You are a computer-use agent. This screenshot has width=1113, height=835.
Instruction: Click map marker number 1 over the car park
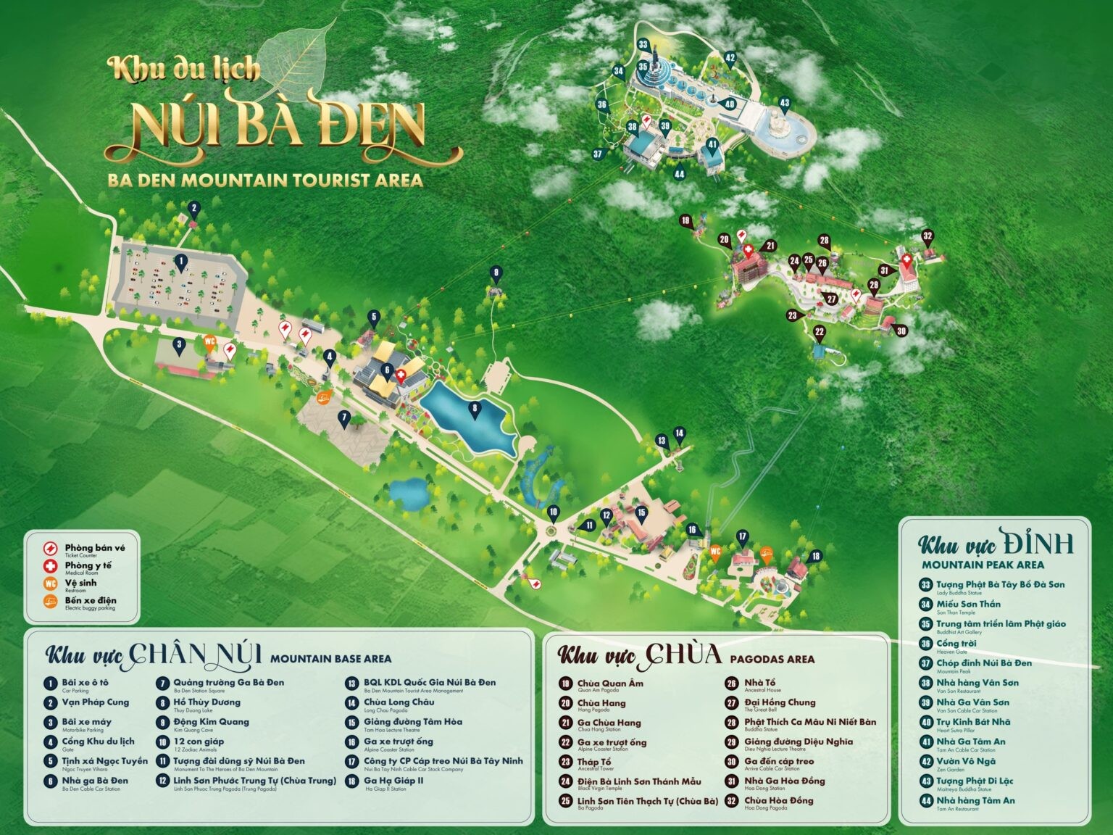coord(181,262)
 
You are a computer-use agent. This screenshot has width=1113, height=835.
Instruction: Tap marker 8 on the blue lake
coord(475,409)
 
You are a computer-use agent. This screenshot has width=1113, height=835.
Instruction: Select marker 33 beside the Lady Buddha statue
coord(643,44)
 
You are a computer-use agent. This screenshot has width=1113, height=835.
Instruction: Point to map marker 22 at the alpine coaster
coord(820,333)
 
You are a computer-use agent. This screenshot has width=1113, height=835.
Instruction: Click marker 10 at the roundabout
coord(554,512)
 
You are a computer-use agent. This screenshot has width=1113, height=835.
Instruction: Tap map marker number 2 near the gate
coord(193,209)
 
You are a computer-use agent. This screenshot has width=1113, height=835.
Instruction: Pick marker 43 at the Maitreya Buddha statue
coord(784,103)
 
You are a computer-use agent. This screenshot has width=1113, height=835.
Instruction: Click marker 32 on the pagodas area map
coord(927,236)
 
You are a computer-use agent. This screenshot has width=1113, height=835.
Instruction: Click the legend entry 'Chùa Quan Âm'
coord(609,683)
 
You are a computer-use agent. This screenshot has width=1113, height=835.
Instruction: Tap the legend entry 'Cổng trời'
coord(956,643)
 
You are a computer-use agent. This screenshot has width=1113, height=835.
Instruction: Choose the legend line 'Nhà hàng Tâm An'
coord(975,800)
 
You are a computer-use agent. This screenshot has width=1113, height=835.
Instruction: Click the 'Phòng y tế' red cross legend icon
coord(51,566)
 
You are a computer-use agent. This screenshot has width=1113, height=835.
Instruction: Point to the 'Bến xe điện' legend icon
coord(51,601)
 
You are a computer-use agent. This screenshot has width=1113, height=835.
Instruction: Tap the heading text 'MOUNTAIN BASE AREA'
coord(330,659)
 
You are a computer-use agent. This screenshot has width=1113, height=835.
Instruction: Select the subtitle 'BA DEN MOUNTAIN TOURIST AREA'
coord(265,180)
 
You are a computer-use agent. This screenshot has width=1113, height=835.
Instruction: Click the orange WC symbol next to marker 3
coord(210,341)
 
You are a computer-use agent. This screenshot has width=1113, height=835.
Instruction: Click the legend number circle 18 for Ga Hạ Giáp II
coord(352,781)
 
